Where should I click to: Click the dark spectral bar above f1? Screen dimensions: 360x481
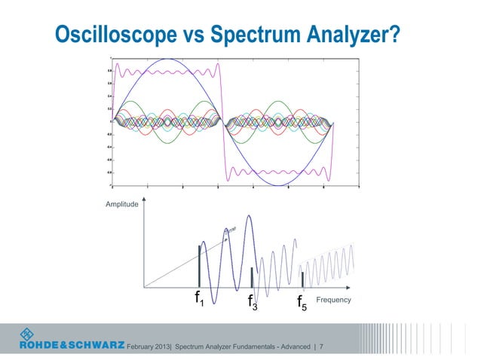click(x=199, y=266)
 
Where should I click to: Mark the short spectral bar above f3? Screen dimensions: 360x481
click(x=251, y=277)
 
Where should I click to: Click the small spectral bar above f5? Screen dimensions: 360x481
click(x=302, y=279)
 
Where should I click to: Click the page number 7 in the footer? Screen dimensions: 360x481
click(x=322, y=347)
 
